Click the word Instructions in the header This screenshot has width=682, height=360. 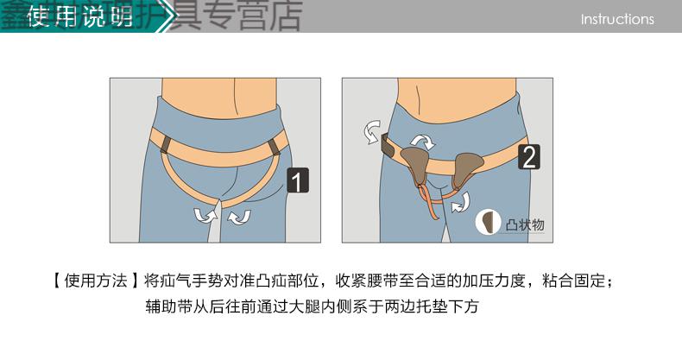(x=617, y=19)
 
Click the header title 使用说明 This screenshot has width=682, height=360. (x=79, y=17)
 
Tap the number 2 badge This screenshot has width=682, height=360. (x=529, y=156)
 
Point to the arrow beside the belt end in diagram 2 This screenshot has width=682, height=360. (x=369, y=132)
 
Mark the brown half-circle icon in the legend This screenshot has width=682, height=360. (x=490, y=223)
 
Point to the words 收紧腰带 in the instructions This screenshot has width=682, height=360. (x=363, y=281)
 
